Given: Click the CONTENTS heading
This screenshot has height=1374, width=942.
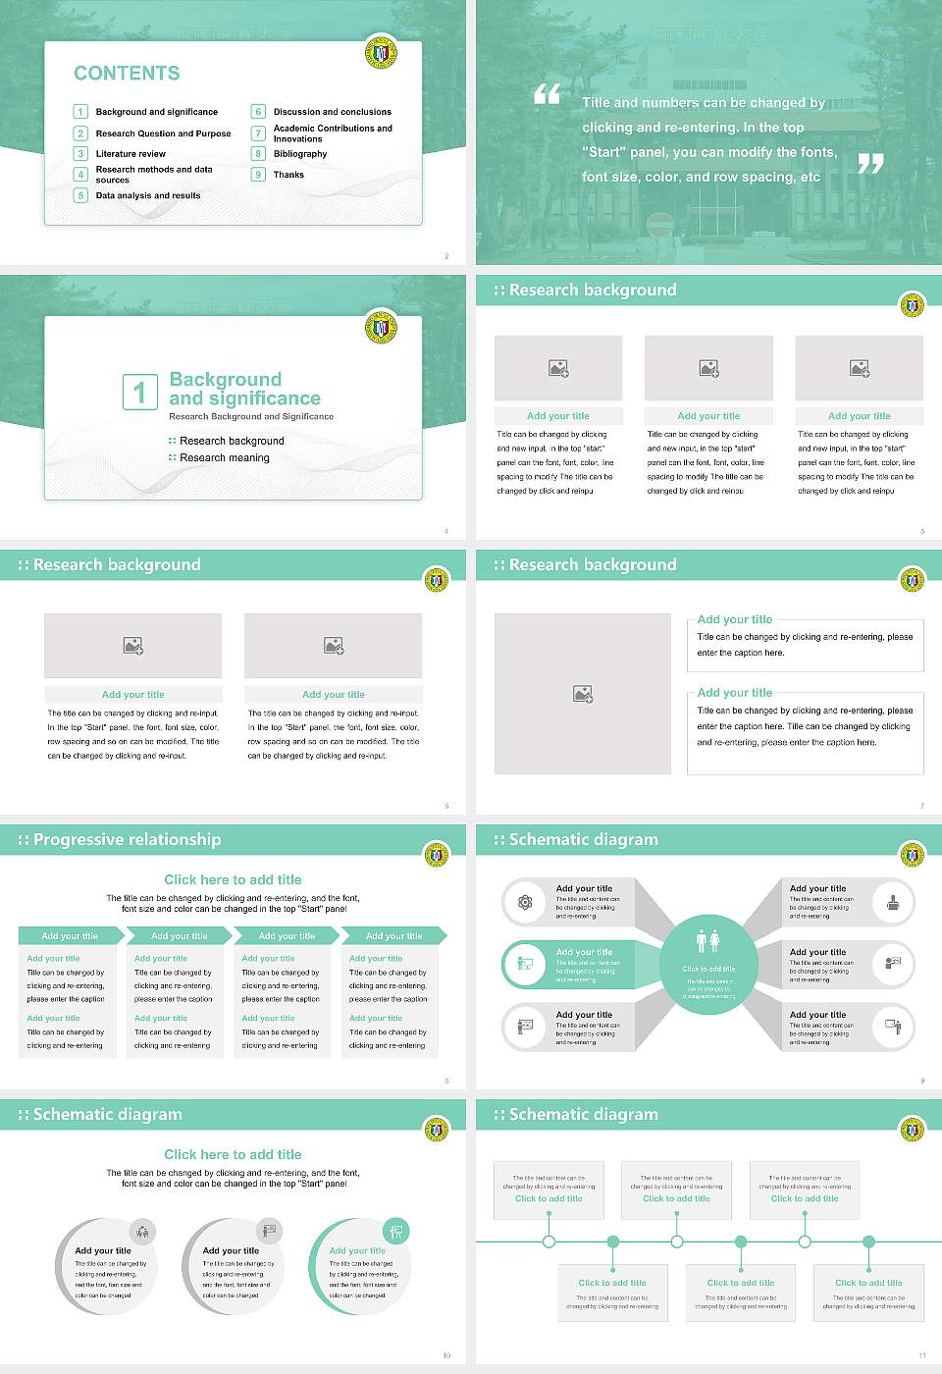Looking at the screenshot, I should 127,74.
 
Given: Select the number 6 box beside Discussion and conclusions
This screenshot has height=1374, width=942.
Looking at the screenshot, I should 258,112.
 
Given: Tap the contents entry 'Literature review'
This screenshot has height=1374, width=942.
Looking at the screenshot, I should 131,154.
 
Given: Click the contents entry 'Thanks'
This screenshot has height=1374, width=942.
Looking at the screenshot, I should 288,175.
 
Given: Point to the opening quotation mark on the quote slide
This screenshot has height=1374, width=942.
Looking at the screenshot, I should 547,94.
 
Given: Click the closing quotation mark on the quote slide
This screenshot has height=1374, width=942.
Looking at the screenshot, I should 870,164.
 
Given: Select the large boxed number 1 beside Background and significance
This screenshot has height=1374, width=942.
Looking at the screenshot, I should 139,392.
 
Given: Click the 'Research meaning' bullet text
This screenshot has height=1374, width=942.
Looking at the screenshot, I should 224,457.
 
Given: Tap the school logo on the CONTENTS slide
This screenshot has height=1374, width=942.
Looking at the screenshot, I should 381,52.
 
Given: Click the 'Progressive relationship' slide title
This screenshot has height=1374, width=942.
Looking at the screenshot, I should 127,839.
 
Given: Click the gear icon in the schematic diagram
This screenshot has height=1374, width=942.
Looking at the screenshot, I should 525,902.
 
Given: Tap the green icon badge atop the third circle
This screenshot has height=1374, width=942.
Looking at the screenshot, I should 395,1231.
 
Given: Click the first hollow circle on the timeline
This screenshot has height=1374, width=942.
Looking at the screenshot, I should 549,1242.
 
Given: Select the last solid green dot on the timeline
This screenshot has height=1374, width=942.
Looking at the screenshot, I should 868,1242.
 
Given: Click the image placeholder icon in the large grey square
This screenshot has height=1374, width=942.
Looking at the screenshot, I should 583,694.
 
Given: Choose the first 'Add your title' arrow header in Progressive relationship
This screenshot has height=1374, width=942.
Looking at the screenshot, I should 70,936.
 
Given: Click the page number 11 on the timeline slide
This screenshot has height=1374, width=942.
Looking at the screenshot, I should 922,1355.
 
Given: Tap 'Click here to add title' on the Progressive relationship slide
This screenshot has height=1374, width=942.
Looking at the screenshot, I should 233,879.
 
